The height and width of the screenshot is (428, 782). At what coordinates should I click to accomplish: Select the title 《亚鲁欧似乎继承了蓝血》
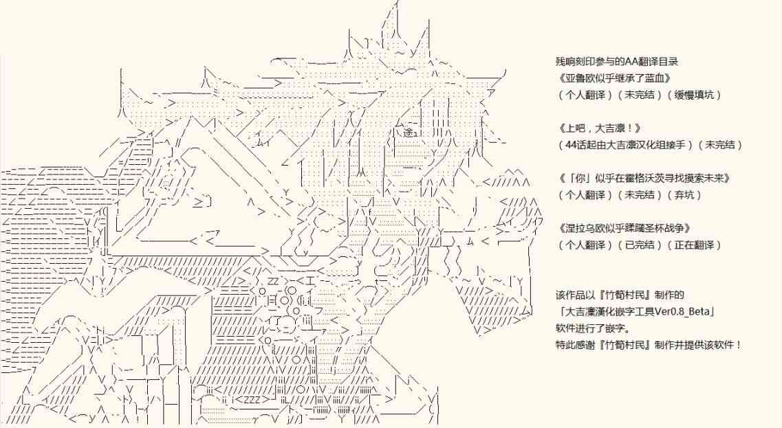tap(614, 78)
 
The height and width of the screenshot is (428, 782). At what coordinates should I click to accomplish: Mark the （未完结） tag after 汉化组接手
tap(721, 145)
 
